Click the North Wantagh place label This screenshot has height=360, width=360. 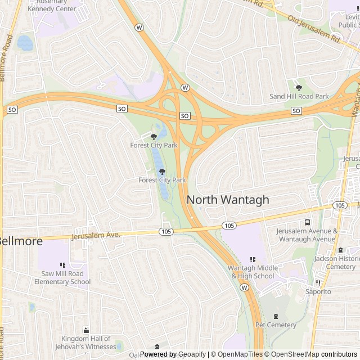coord(228,200)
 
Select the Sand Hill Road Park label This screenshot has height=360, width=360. coord(299,97)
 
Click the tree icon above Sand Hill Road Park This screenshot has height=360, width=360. coord(299,87)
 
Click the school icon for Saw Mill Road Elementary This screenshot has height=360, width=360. coord(63,265)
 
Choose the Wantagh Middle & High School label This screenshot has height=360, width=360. coord(253,272)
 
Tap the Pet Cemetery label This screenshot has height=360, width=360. coord(276,325)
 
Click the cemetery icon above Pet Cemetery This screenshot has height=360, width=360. coord(275,316)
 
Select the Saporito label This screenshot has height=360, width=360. coord(318,292)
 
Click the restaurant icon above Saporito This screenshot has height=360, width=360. coord(318,283)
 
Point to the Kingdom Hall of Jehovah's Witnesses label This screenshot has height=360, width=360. coord(86,343)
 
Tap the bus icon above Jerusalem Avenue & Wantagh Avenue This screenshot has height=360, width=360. coord(307,222)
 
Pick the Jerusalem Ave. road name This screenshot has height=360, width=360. coord(96,235)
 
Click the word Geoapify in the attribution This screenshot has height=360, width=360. coord(191,354)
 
